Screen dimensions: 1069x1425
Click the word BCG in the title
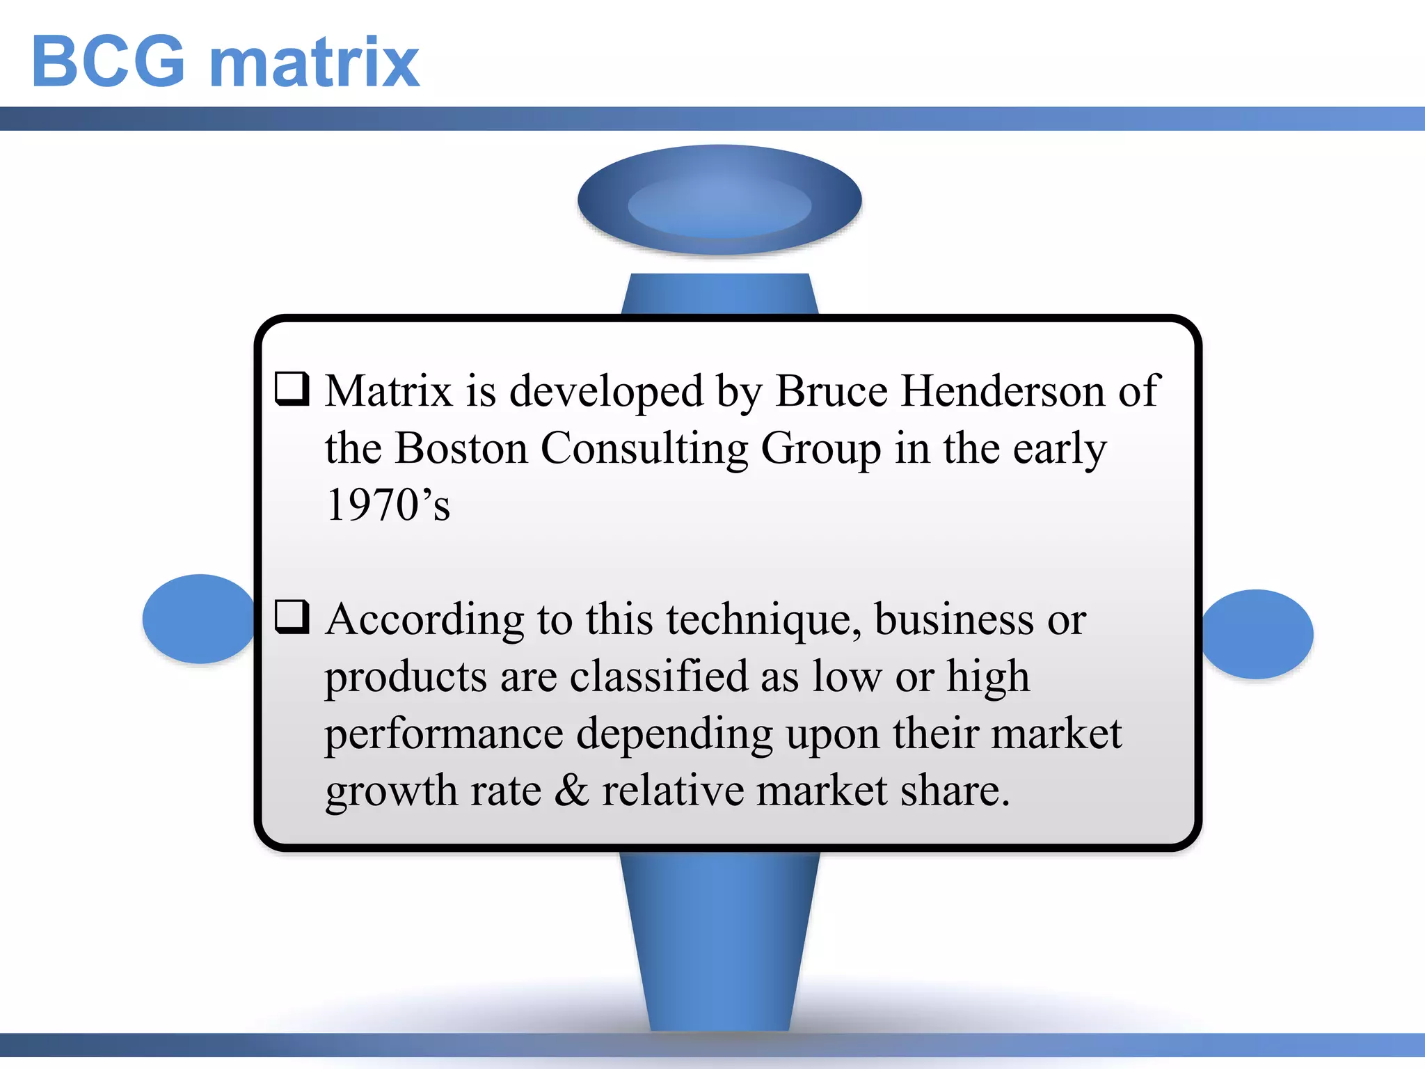click(x=109, y=62)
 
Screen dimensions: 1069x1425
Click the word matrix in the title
click(x=315, y=62)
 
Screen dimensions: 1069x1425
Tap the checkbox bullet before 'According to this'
click(x=292, y=617)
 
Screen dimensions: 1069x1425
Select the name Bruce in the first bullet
click(x=831, y=391)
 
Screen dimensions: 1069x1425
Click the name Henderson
click(x=1003, y=391)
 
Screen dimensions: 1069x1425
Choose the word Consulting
click(x=644, y=450)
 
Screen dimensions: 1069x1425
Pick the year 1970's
click(x=388, y=505)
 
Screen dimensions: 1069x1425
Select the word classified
click(x=658, y=676)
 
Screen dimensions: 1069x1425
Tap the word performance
click(x=444, y=735)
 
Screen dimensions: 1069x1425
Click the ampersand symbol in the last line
click(x=572, y=791)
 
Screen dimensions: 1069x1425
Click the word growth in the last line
click(x=391, y=792)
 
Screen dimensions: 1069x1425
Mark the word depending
click(x=674, y=735)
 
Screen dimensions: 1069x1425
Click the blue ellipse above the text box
click(x=719, y=200)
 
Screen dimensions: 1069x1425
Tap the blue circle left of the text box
click(x=198, y=619)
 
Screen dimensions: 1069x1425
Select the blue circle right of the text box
click(x=1259, y=634)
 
